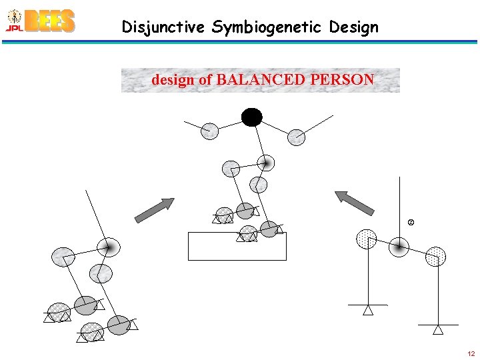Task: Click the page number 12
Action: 471,353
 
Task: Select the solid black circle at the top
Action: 252,118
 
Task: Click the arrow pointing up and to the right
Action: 154,210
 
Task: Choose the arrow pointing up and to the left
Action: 355,203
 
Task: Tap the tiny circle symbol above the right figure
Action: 411,221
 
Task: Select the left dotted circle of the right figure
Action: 367,239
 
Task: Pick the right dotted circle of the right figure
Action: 435,256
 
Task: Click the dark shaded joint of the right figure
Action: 399,247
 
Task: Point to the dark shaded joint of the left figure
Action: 106,247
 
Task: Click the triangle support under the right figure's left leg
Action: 367,310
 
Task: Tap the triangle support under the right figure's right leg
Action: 438,329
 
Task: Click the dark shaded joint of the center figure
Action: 266,163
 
